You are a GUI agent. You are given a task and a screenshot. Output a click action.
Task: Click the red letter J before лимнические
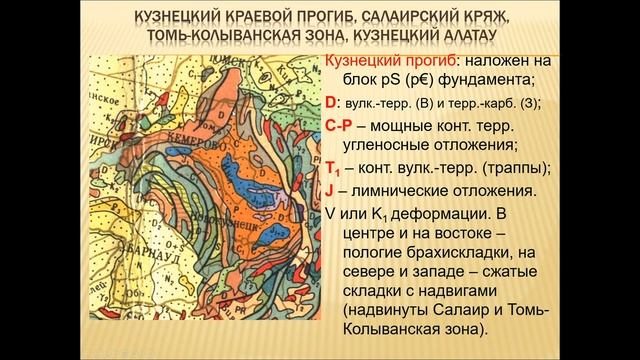(x=329, y=190)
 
